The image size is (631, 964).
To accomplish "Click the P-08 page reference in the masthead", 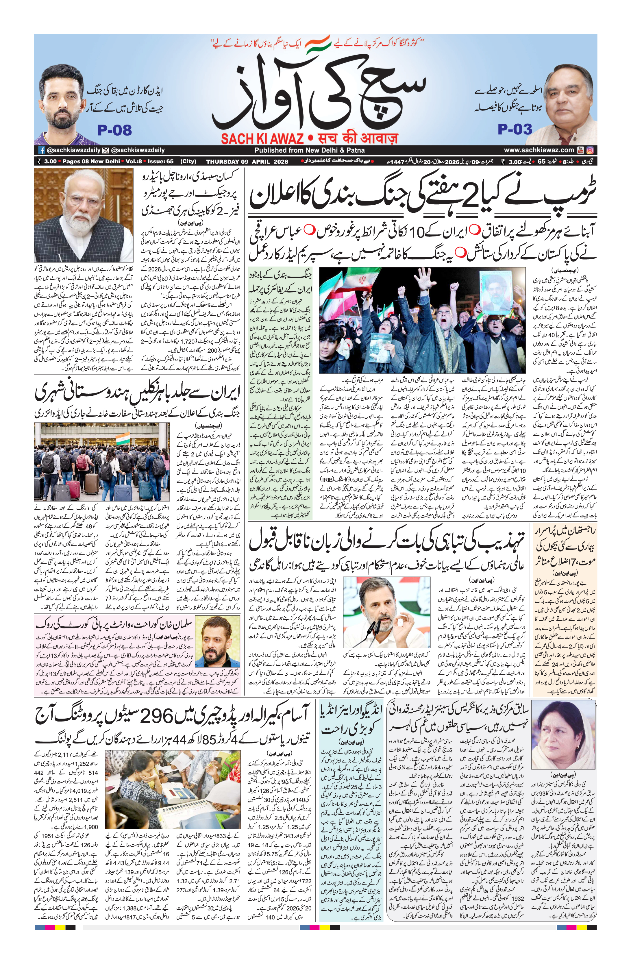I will pyautogui.click(x=115, y=130).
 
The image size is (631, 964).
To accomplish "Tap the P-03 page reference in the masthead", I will pyautogui.click(x=515, y=129).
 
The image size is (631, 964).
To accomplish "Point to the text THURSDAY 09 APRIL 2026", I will pyautogui.click(x=247, y=161).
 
